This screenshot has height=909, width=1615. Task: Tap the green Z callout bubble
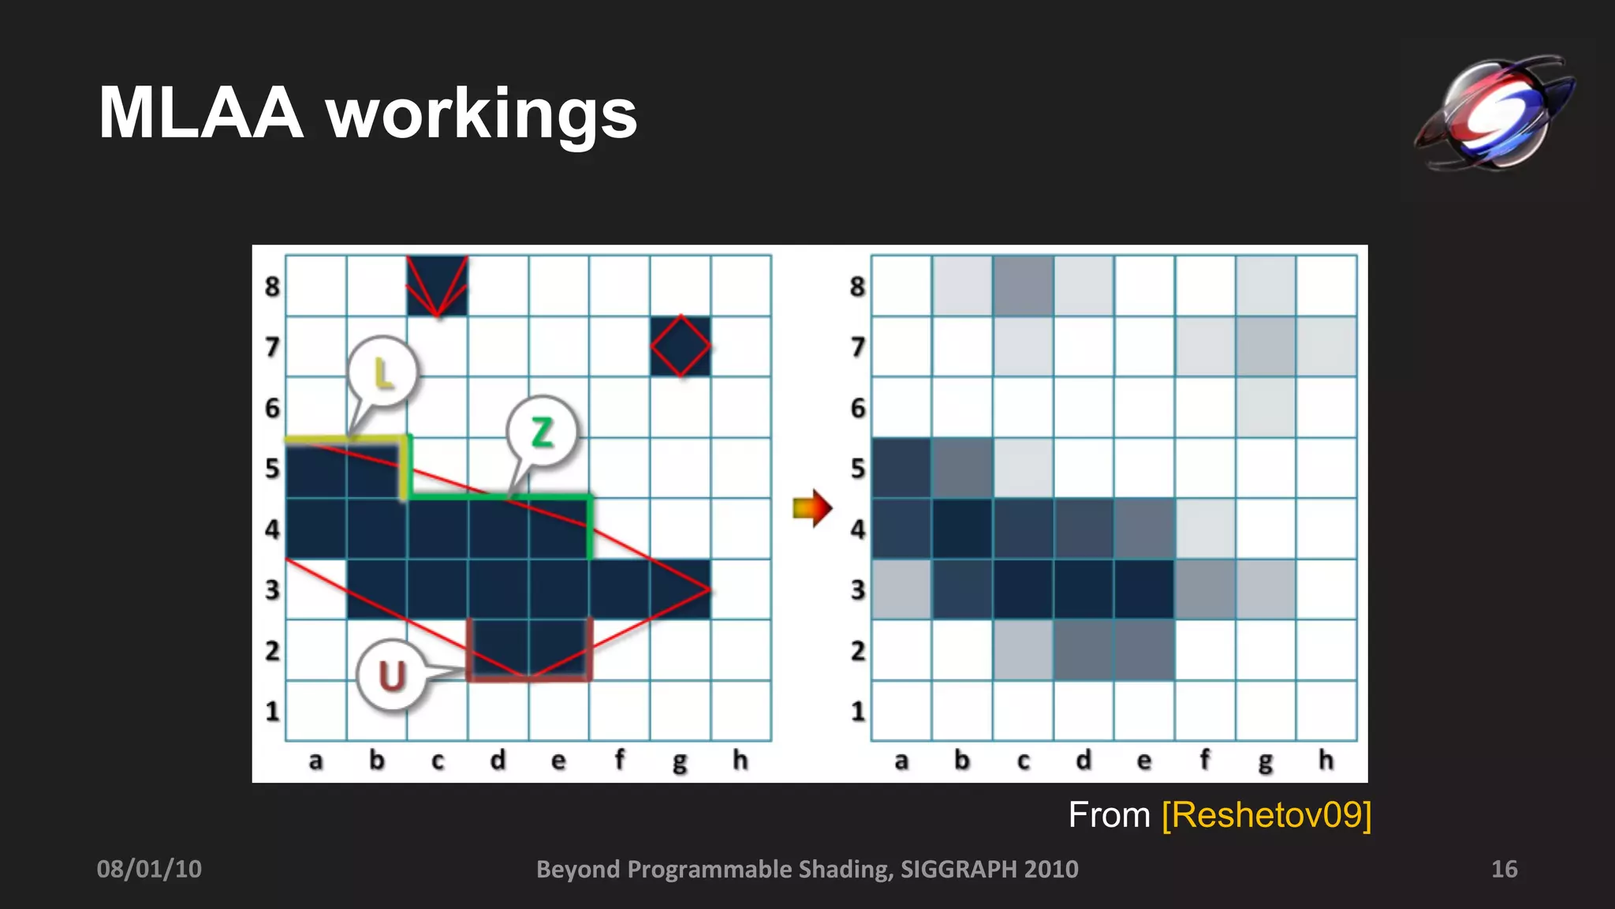click(x=542, y=432)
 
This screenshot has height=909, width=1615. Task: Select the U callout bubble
click(x=392, y=676)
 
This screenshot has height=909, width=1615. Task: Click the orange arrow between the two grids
click(x=812, y=508)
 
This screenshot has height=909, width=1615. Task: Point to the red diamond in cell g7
click(x=681, y=346)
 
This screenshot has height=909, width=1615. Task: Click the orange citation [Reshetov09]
click(x=1266, y=814)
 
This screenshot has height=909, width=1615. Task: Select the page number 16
click(x=1504, y=869)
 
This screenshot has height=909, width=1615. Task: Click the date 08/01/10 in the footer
click(x=149, y=869)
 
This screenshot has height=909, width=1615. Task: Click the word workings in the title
click(x=481, y=116)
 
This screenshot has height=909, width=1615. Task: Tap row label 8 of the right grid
click(x=857, y=286)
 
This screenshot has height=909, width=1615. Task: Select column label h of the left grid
click(x=740, y=760)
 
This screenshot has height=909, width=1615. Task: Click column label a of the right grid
click(x=901, y=761)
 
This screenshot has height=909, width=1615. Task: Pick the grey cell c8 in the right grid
click(x=1023, y=286)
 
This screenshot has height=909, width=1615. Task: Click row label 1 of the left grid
click(x=272, y=711)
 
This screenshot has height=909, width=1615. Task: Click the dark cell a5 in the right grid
click(x=901, y=468)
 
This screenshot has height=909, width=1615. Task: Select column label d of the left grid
click(x=498, y=760)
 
